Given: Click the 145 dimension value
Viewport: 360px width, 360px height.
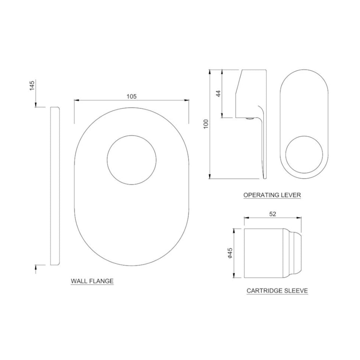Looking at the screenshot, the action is click(x=32, y=85).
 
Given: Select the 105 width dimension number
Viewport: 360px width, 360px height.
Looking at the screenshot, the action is click(x=132, y=96).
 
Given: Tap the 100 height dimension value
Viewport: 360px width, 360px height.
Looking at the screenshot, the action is click(x=206, y=124).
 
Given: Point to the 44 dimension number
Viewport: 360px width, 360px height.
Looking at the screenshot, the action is click(x=219, y=93).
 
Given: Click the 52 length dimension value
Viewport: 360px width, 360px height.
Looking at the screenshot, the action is click(x=273, y=214).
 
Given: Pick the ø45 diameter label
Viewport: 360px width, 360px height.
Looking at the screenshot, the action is click(x=230, y=253).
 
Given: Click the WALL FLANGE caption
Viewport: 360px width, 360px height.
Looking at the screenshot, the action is click(x=92, y=281).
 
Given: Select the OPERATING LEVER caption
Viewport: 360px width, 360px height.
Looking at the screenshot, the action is click(x=272, y=195).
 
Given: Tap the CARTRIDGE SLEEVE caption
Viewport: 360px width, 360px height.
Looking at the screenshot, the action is click(x=277, y=291).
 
